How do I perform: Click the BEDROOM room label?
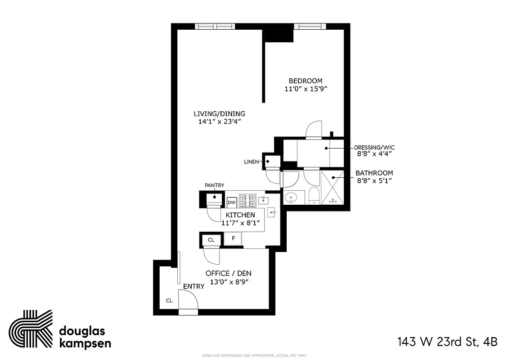pos(305,81)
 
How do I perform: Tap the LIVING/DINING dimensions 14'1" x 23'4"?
pos(219,121)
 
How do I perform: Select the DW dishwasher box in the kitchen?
pos(232,202)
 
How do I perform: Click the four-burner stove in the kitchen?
pos(247,200)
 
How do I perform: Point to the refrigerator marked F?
pos(233,238)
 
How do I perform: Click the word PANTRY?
pos(214,185)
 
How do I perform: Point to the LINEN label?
pos(251,162)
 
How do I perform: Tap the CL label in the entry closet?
pos(169,301)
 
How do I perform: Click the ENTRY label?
pos(194,286)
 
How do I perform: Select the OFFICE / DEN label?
pos(229,273)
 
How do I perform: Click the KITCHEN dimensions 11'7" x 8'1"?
pos(240,223)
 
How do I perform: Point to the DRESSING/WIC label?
pos(374,148)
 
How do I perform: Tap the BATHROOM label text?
pos(374,173)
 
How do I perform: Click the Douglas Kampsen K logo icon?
pos(31,329)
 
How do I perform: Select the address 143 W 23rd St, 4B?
pos(447,342)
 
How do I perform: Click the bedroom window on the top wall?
pos(311,26)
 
